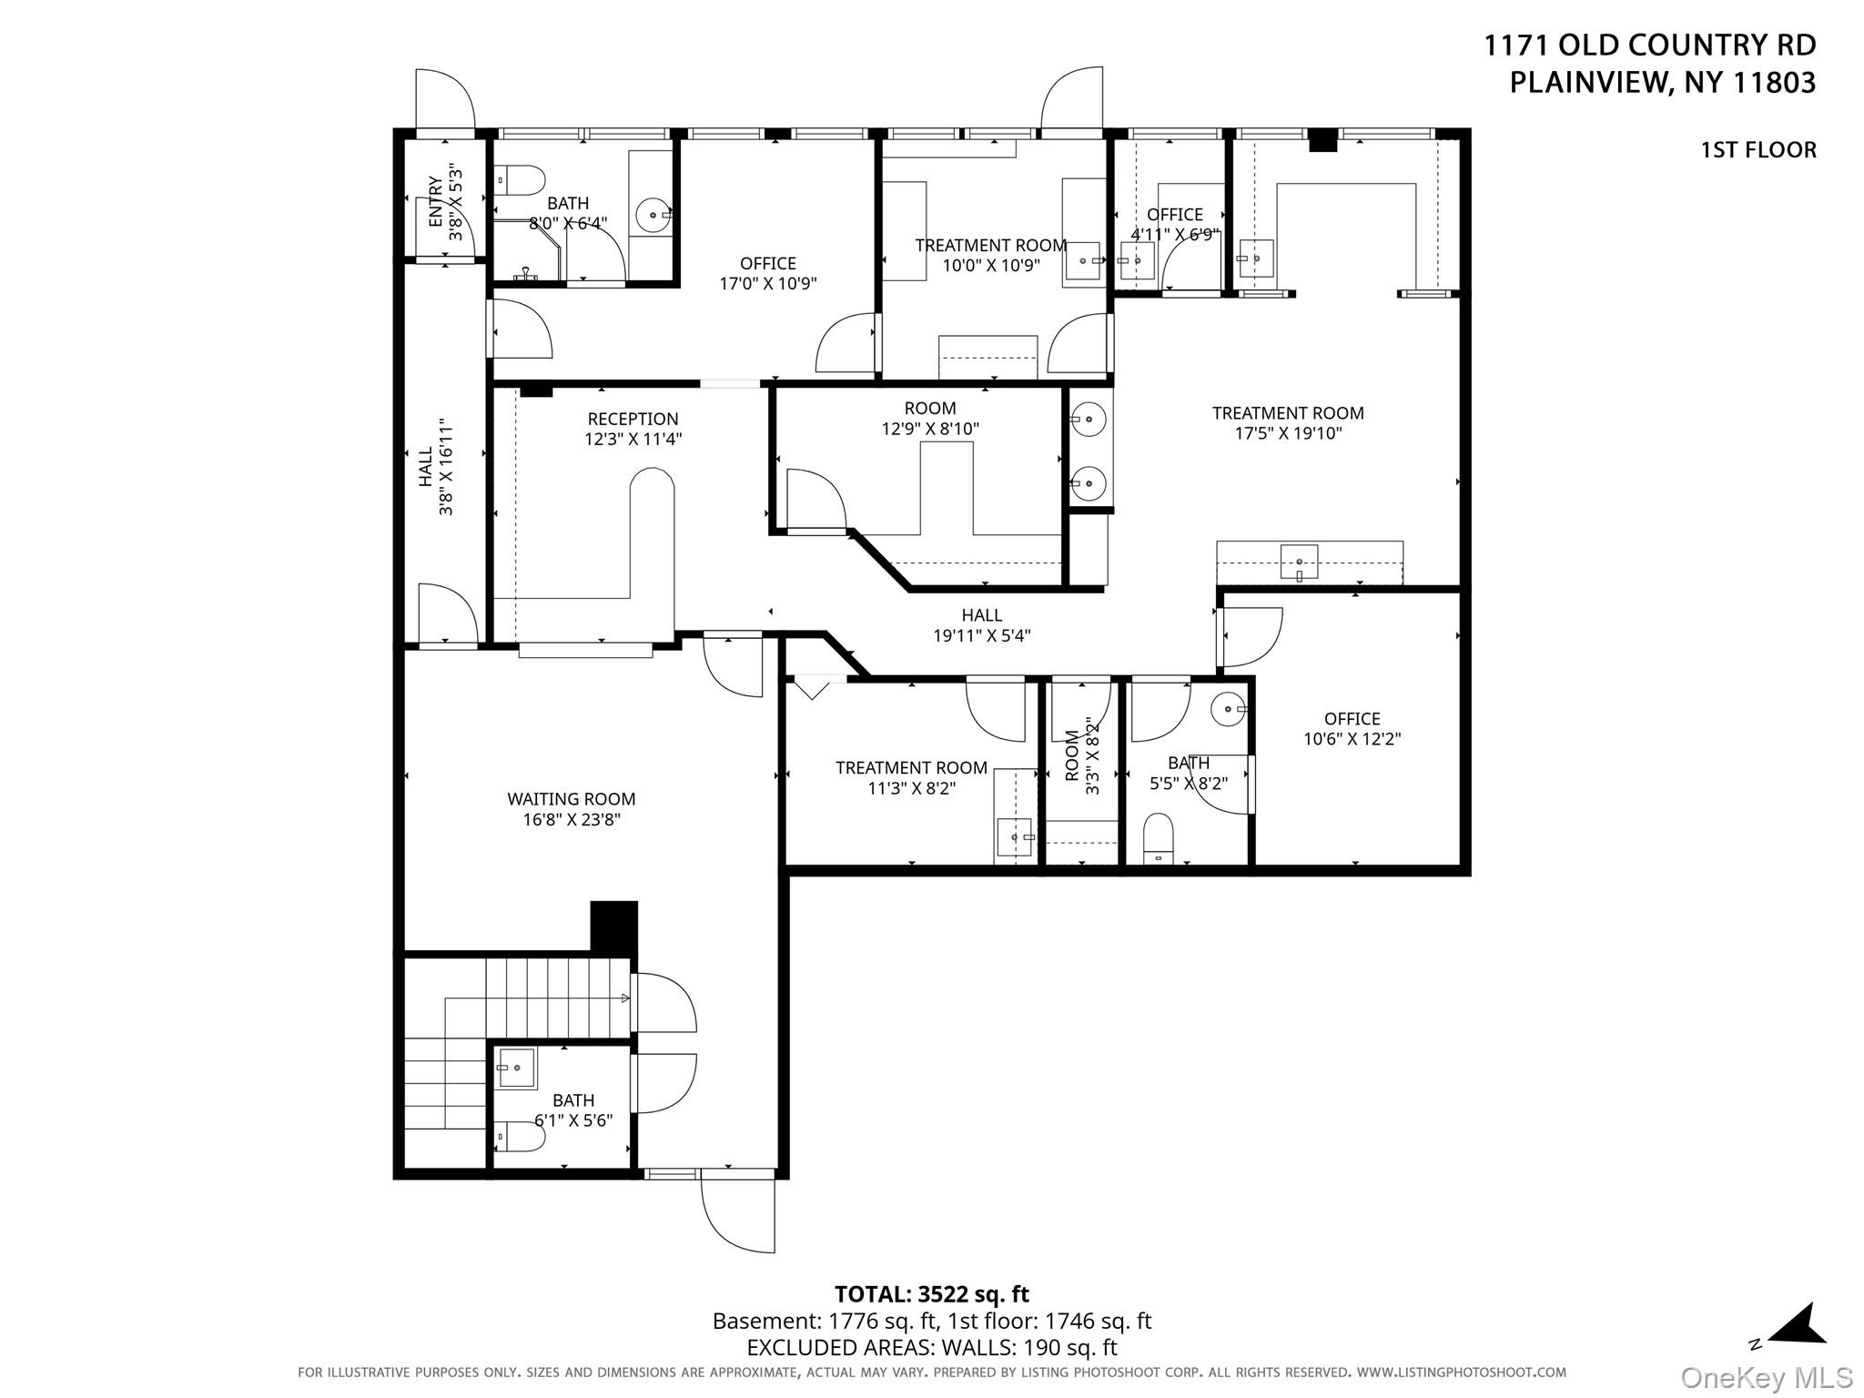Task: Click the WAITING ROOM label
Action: (x=571, y=799)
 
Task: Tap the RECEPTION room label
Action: (x=633, y=419)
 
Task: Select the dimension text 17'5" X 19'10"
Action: (x=1288, y=434)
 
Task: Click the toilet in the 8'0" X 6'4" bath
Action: (x=521, y=180)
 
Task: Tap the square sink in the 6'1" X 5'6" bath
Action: (x=517, y=1068)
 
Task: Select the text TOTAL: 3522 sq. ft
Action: (x=931, y=1293)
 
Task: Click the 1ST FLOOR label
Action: (x=1758, y=150)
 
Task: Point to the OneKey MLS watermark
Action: (x=1766, y=1377)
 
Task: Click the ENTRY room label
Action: (x=436, y=202)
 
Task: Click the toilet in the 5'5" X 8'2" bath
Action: (x=1159, y=837)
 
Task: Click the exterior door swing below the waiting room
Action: (x=738, y=1215)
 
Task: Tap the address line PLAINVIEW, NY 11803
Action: (x=1662, y=83)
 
